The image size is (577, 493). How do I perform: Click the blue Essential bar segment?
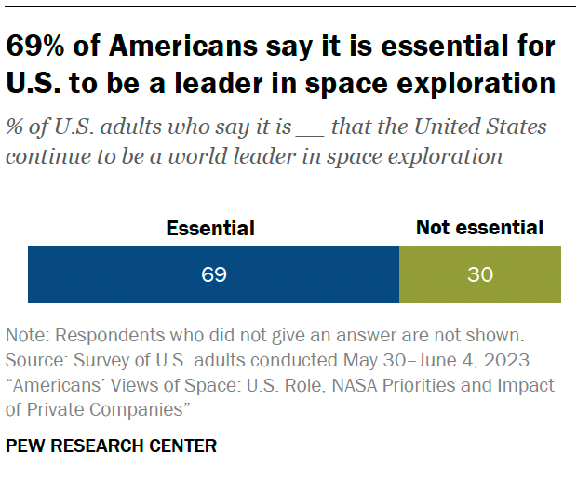coord(213,274)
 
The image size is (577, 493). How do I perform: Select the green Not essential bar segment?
coord(480,274)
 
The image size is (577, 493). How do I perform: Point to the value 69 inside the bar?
coord(213,275)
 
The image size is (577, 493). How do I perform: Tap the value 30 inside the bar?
coord(480,275)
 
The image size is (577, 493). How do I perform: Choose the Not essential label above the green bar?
coord(479,228)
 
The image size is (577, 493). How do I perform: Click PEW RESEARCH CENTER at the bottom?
coord(111,446)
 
